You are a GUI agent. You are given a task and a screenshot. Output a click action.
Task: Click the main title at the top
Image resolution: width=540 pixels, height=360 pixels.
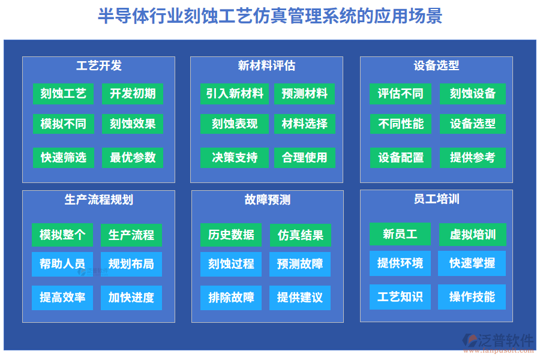click(x=269, y=16)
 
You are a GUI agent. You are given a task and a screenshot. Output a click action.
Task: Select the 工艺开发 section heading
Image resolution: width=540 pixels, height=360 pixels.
click(x=99, y=66)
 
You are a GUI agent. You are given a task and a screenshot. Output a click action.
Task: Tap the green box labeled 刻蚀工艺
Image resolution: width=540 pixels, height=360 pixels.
click(x=64, y=94)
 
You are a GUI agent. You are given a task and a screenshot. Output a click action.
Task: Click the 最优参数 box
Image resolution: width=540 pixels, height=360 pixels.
click(x=133, y=157)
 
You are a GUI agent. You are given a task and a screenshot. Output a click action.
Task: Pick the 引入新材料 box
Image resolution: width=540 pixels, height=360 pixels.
click(x=235, y=94)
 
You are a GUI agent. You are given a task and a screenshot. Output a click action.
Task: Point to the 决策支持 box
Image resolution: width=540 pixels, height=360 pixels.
click(x=235, y=157)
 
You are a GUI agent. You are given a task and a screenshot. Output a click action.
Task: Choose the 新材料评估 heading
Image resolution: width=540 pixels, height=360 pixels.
click(x=266, y=66)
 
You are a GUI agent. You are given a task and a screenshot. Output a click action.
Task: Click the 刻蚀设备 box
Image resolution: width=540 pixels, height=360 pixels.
click(x=473, y=94)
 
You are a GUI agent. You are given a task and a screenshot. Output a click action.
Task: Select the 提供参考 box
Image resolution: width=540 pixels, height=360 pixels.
click(x=473, y=157)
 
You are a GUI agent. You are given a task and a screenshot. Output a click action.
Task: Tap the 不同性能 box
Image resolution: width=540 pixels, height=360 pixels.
click(x=401, y=124)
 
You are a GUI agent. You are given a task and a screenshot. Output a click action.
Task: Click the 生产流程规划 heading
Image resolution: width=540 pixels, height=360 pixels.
click(x=99, y=200)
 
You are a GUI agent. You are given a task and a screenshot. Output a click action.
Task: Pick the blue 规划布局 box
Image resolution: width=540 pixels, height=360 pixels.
click(x=131, y=264)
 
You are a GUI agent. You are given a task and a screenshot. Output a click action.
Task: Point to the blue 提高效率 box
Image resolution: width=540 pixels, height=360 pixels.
click(x=62, y=298)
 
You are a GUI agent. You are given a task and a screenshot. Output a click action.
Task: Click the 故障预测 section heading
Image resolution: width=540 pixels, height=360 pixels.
click(x=268, y=200)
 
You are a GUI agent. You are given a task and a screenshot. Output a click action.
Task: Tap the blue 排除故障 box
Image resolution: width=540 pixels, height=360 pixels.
click(x=231, y=298)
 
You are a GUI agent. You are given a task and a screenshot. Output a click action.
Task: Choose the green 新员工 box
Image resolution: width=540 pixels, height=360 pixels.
click(x=400, y=234)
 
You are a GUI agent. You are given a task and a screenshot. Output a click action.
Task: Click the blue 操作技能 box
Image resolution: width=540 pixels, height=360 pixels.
click(x=472, y=296)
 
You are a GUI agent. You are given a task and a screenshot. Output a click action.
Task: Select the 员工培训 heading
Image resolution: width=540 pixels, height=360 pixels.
click(x=436, y=199)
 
